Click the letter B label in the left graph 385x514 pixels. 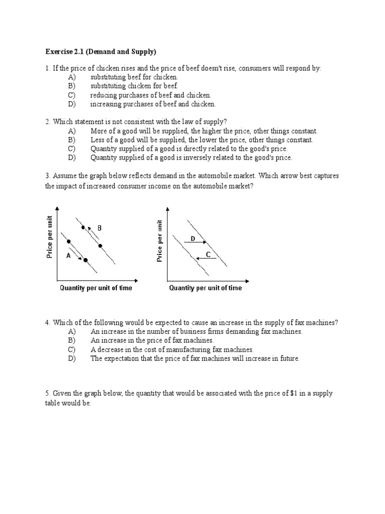click(x=100, y=228)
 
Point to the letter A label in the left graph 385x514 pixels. click(x=68, y=255)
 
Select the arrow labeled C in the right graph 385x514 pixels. click(x=206, y=259)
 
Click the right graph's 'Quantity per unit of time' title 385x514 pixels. click(x=205, y=288)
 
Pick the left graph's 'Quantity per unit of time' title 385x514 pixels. click(x=96, y=288)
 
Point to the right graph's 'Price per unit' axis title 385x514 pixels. click(x=159, y=240)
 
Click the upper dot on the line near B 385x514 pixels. click(x=83, y=227)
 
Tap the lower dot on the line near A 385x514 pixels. click(x=86, y=260)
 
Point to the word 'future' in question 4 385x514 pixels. click(x=288, y=358)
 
